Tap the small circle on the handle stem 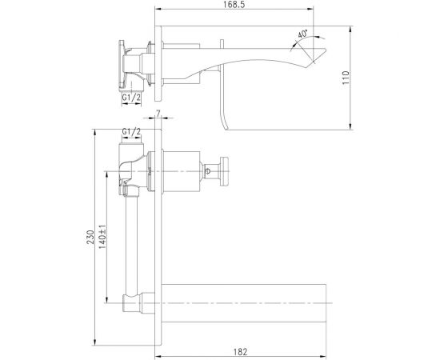click(213, 170)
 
